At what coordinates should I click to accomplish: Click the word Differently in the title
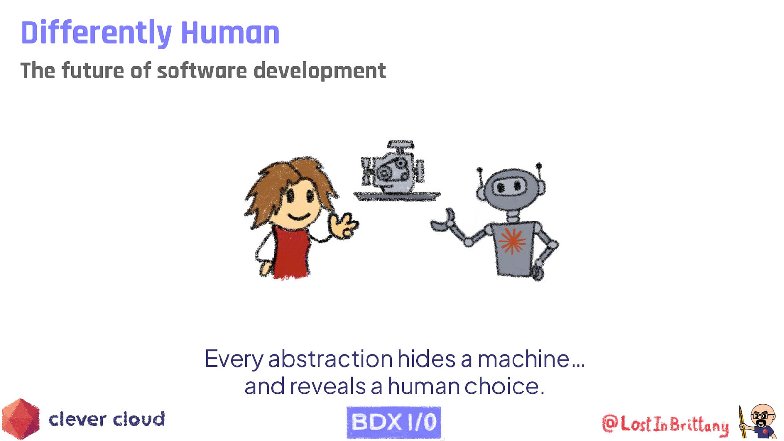tap(96, 33)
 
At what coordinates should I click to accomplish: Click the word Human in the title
tap(230, 33)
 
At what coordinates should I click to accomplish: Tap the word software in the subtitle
tap(202, 71)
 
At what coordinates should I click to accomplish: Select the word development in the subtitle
tap(319, 71)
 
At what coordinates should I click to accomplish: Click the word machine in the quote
tap(523, 359)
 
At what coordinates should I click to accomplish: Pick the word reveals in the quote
tap(327, 386)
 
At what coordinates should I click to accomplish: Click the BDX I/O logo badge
tap(394, 422)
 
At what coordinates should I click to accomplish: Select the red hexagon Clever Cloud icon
tap(21, 419)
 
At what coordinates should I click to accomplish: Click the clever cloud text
tap(107, 419)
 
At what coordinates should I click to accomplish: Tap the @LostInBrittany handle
tap(665, 424)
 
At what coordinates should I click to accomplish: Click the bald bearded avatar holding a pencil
tap(760, 421)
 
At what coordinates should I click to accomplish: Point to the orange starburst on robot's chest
tap(512, 241)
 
